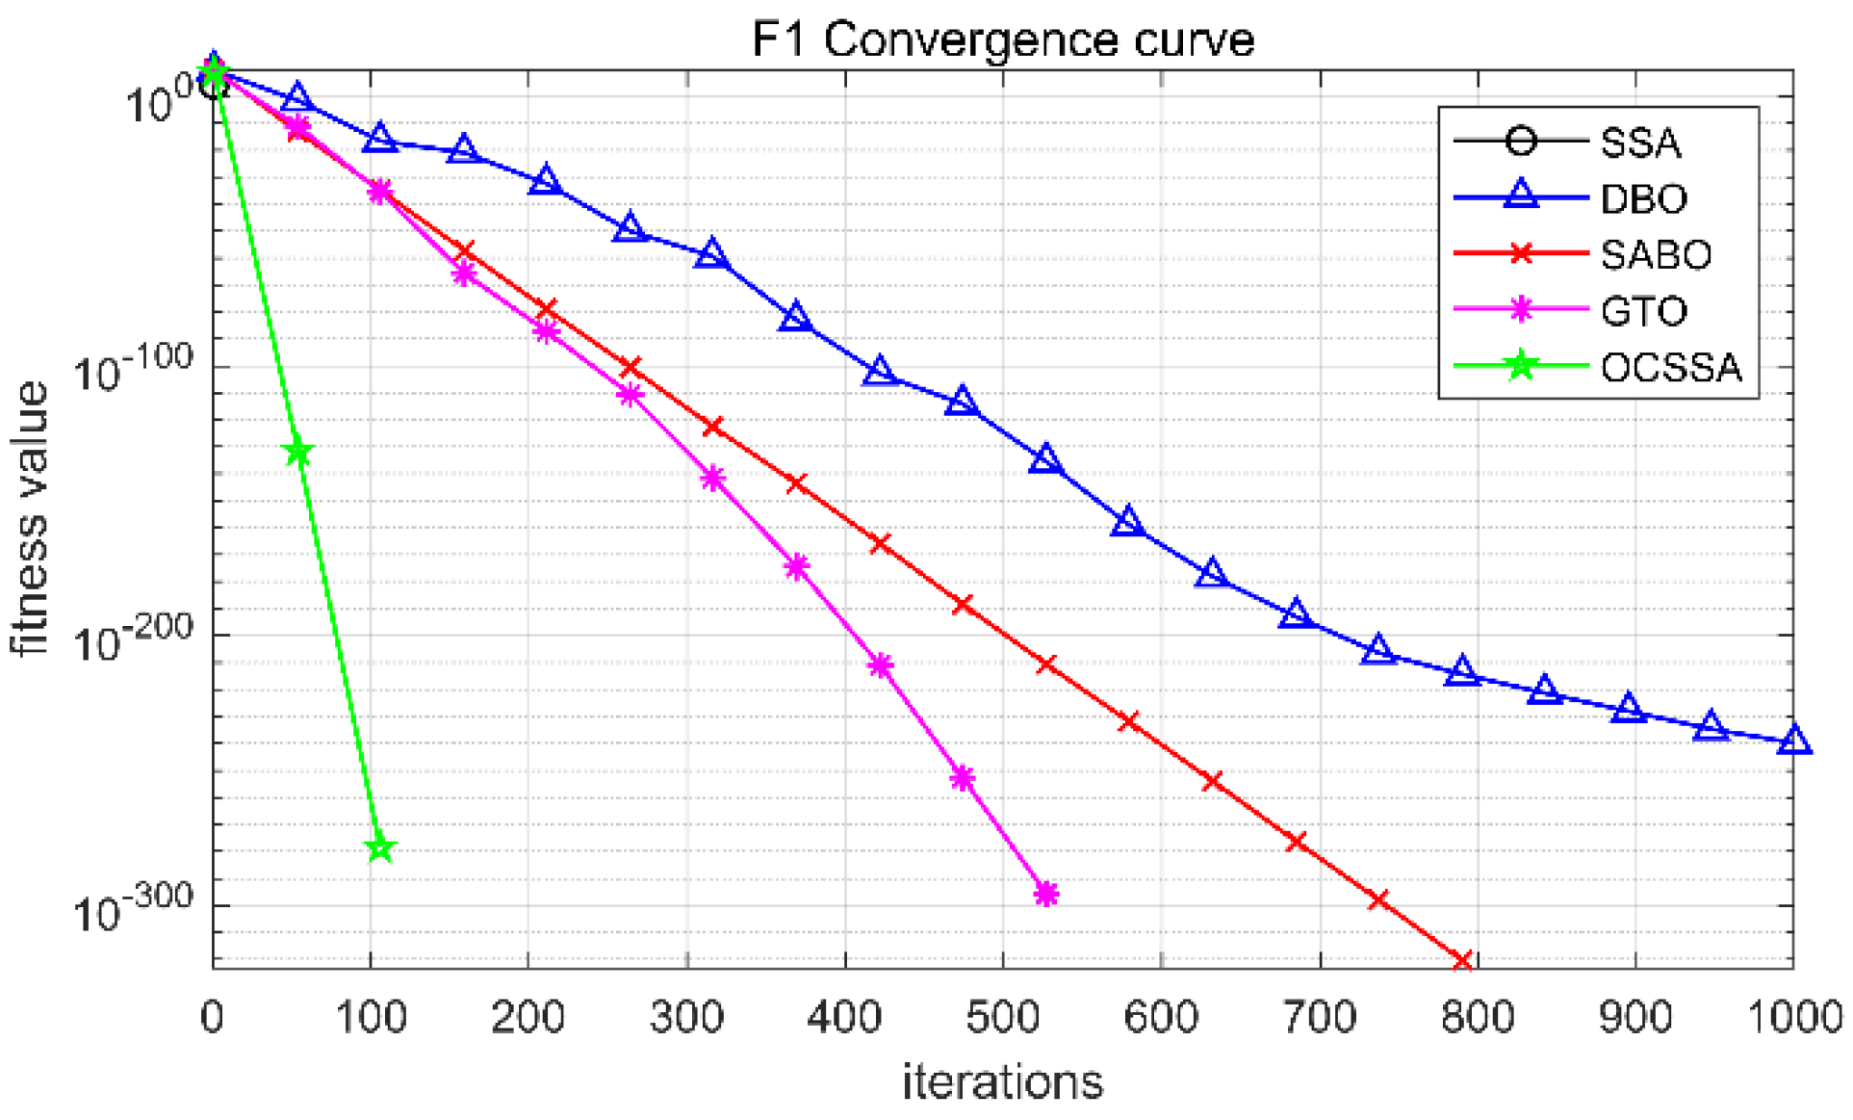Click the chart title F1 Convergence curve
[1002, 40]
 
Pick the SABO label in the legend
[1655, 254]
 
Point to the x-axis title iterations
[1002, 1081]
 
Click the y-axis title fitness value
[31, 519]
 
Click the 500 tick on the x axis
[1002, 1017]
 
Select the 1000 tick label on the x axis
[1792, 1017]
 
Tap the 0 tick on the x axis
[213, 1017]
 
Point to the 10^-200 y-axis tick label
[133, 639]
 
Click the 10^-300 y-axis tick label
[133, 908]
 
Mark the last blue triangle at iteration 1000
[1793, 741]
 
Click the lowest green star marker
[380, 847]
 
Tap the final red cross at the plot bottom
[1461, 960]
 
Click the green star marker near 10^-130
[298, 452]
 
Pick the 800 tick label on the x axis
[1477, 1017]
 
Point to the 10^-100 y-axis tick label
[133, 371]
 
